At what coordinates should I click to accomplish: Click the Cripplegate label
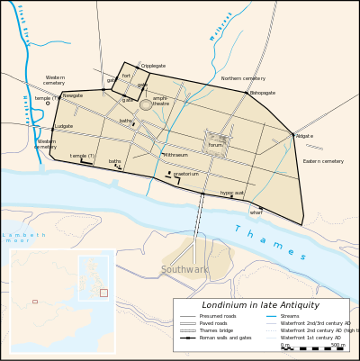153,66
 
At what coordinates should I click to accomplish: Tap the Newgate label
72,95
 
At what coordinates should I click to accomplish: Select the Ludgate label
64,126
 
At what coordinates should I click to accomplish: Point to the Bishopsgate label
263,93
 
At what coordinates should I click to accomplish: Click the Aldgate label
304,136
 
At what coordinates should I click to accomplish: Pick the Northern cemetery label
243,78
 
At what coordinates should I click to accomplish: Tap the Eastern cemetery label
323,161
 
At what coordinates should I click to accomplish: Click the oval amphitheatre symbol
146,104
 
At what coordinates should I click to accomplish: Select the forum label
215,145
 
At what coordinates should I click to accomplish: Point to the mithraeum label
175,155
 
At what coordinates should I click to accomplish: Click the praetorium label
186,174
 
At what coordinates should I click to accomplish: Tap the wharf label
256,212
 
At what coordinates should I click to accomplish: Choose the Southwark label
184,269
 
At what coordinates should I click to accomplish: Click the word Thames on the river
269,243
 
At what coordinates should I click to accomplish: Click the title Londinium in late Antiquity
261,305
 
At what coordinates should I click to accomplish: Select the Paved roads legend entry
214,323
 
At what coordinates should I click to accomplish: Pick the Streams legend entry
290,316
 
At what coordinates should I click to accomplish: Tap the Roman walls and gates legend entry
225,338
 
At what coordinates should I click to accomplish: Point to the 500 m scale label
337,344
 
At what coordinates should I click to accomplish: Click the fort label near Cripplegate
126,76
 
